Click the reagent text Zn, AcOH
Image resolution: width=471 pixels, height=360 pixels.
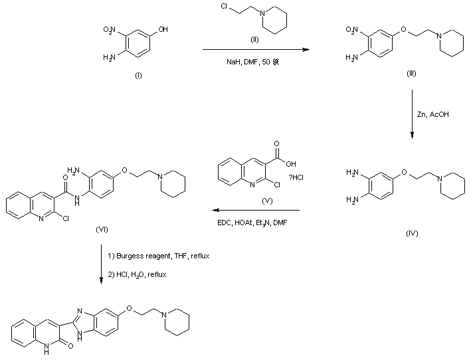432,115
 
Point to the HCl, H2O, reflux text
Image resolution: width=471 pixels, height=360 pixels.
143,275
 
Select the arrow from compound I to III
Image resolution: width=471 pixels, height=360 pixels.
255,50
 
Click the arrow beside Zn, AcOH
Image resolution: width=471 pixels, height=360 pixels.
412,116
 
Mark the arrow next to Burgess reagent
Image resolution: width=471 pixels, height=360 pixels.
102,265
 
